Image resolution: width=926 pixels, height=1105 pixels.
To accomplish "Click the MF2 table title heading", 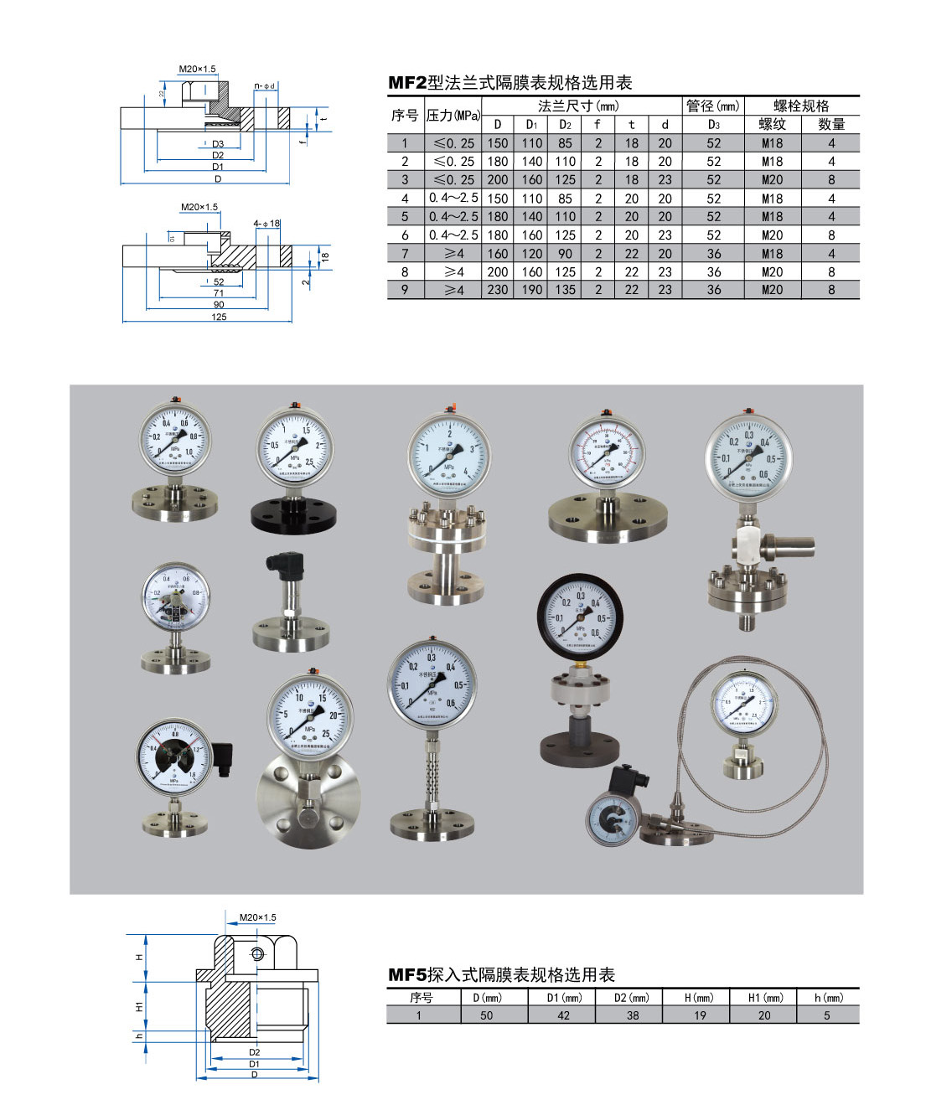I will tap(510, 82).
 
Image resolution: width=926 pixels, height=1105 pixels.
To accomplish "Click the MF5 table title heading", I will tap(501, 974).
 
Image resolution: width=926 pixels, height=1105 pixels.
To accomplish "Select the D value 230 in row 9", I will tap(498, 290).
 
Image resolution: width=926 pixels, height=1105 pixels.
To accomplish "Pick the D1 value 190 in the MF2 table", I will tap(532, 290).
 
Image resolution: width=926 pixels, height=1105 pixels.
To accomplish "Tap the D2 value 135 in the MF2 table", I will tap(566, 290).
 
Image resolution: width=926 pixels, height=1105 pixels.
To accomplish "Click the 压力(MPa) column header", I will tap(453, 116).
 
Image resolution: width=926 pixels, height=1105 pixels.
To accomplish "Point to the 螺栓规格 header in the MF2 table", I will tap(801, 106).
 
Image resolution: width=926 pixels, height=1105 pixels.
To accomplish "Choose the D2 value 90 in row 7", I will tap(566, 253).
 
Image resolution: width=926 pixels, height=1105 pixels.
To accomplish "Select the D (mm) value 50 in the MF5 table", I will tap(487, 1015).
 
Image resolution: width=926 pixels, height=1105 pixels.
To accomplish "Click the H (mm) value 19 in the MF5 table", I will tap(700, 1015).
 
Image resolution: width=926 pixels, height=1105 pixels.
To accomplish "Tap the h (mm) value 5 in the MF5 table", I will tap(826, 1015).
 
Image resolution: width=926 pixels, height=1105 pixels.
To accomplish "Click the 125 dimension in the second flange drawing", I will tap(219, 317).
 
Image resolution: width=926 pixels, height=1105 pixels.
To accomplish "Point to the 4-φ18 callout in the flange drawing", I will tap(266, 224).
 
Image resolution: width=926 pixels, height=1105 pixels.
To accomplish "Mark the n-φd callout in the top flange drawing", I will tap(264, 86).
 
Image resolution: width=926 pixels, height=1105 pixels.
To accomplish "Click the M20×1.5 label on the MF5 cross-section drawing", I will tap(257, 917).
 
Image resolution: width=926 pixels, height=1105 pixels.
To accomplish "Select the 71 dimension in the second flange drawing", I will tap(219, 293).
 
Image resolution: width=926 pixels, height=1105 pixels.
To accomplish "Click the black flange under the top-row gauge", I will tap(294, 513).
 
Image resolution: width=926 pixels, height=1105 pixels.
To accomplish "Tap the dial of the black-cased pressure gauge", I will tap(580, 616).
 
